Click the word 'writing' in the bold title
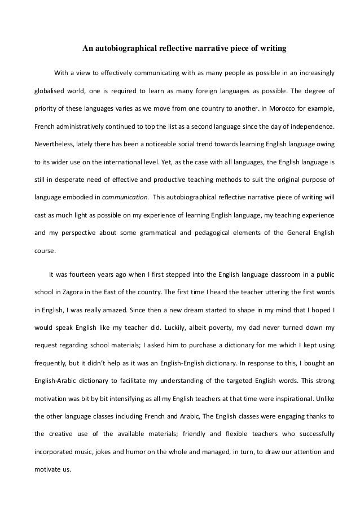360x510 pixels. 273,49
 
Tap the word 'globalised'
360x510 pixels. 51,90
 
